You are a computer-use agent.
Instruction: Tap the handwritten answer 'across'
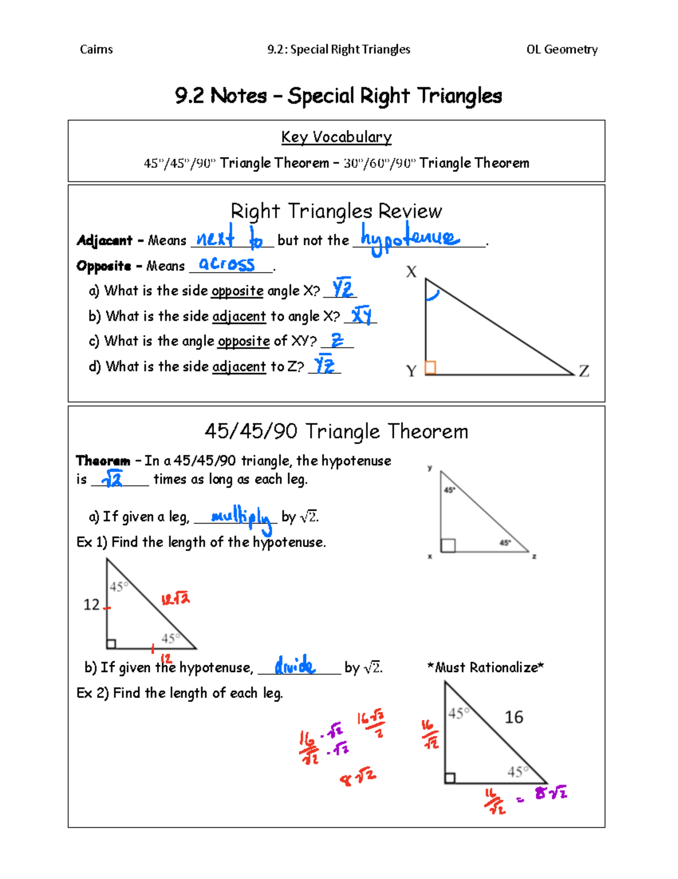227,264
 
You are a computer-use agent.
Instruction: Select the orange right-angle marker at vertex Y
431,368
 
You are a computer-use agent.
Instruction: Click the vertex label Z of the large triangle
584,371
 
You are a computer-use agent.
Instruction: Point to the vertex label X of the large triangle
411,272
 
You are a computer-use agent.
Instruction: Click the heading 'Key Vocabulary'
336,137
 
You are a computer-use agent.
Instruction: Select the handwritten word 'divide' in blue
295,666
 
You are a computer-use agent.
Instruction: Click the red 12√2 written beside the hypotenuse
176,598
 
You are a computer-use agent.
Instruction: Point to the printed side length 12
92,605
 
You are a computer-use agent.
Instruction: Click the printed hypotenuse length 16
514,717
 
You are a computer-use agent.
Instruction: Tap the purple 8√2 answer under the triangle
551,793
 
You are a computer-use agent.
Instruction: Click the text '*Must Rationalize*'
485,667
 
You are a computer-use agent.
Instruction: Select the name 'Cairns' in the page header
96,50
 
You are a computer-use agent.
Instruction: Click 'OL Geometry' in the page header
562,50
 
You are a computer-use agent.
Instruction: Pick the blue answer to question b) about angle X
361,314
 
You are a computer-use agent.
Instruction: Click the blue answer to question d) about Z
324,364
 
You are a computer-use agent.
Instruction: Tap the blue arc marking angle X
432,295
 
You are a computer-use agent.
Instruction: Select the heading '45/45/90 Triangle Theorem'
336,432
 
